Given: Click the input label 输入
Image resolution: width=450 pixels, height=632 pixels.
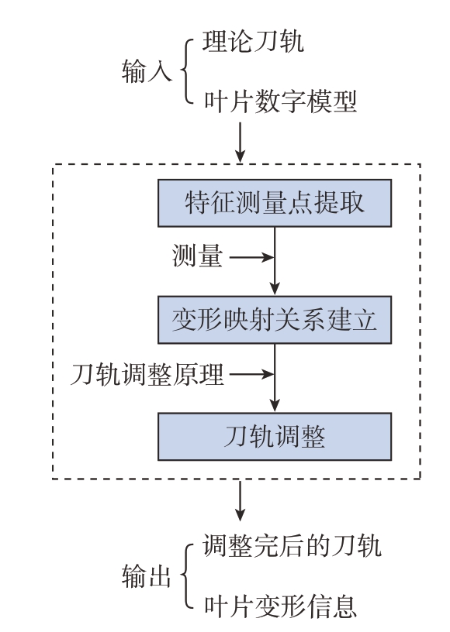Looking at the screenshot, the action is tap(147, 71).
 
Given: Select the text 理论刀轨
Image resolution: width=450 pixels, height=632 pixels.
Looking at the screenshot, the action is tap(253, 41).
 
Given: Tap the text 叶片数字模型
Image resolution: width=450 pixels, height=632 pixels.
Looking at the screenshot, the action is tap(281, 101).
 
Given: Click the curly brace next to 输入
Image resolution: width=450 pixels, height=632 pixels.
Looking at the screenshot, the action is tap(186, 71).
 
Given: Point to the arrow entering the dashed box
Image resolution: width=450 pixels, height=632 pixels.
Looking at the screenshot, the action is tap(241, 142).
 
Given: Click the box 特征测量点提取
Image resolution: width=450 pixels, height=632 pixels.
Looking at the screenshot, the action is tap(275, 203).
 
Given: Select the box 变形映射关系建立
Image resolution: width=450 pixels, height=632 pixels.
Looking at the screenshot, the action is tap(275, 320).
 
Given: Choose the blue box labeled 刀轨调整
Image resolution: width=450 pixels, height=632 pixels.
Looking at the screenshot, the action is tap(275, 437).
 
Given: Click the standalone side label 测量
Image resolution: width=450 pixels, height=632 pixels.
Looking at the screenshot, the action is tap(197, 256).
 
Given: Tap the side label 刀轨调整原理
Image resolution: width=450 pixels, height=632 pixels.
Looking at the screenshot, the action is tap(147, 374).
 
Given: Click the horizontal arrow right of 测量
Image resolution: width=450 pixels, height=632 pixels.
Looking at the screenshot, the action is tap(252, 257).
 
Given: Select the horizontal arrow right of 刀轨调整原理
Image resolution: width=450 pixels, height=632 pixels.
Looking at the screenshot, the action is tap(252, 374).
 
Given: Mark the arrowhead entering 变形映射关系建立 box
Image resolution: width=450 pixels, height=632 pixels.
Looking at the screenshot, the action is tap(275, 289).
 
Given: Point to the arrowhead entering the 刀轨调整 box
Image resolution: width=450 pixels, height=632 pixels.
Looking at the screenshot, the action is tap(275, 406).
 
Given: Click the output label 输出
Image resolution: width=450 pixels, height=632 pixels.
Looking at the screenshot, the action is tap(147, 576).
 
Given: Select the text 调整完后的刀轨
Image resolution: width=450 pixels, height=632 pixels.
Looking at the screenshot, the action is tap(292, 546).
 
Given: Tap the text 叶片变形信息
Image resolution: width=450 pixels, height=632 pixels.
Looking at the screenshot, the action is tap(281, 606).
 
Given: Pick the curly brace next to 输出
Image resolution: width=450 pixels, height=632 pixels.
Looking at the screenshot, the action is tap(186, 576).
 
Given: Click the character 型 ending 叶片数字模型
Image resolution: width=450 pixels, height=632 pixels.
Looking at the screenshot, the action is tap(344, 101).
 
